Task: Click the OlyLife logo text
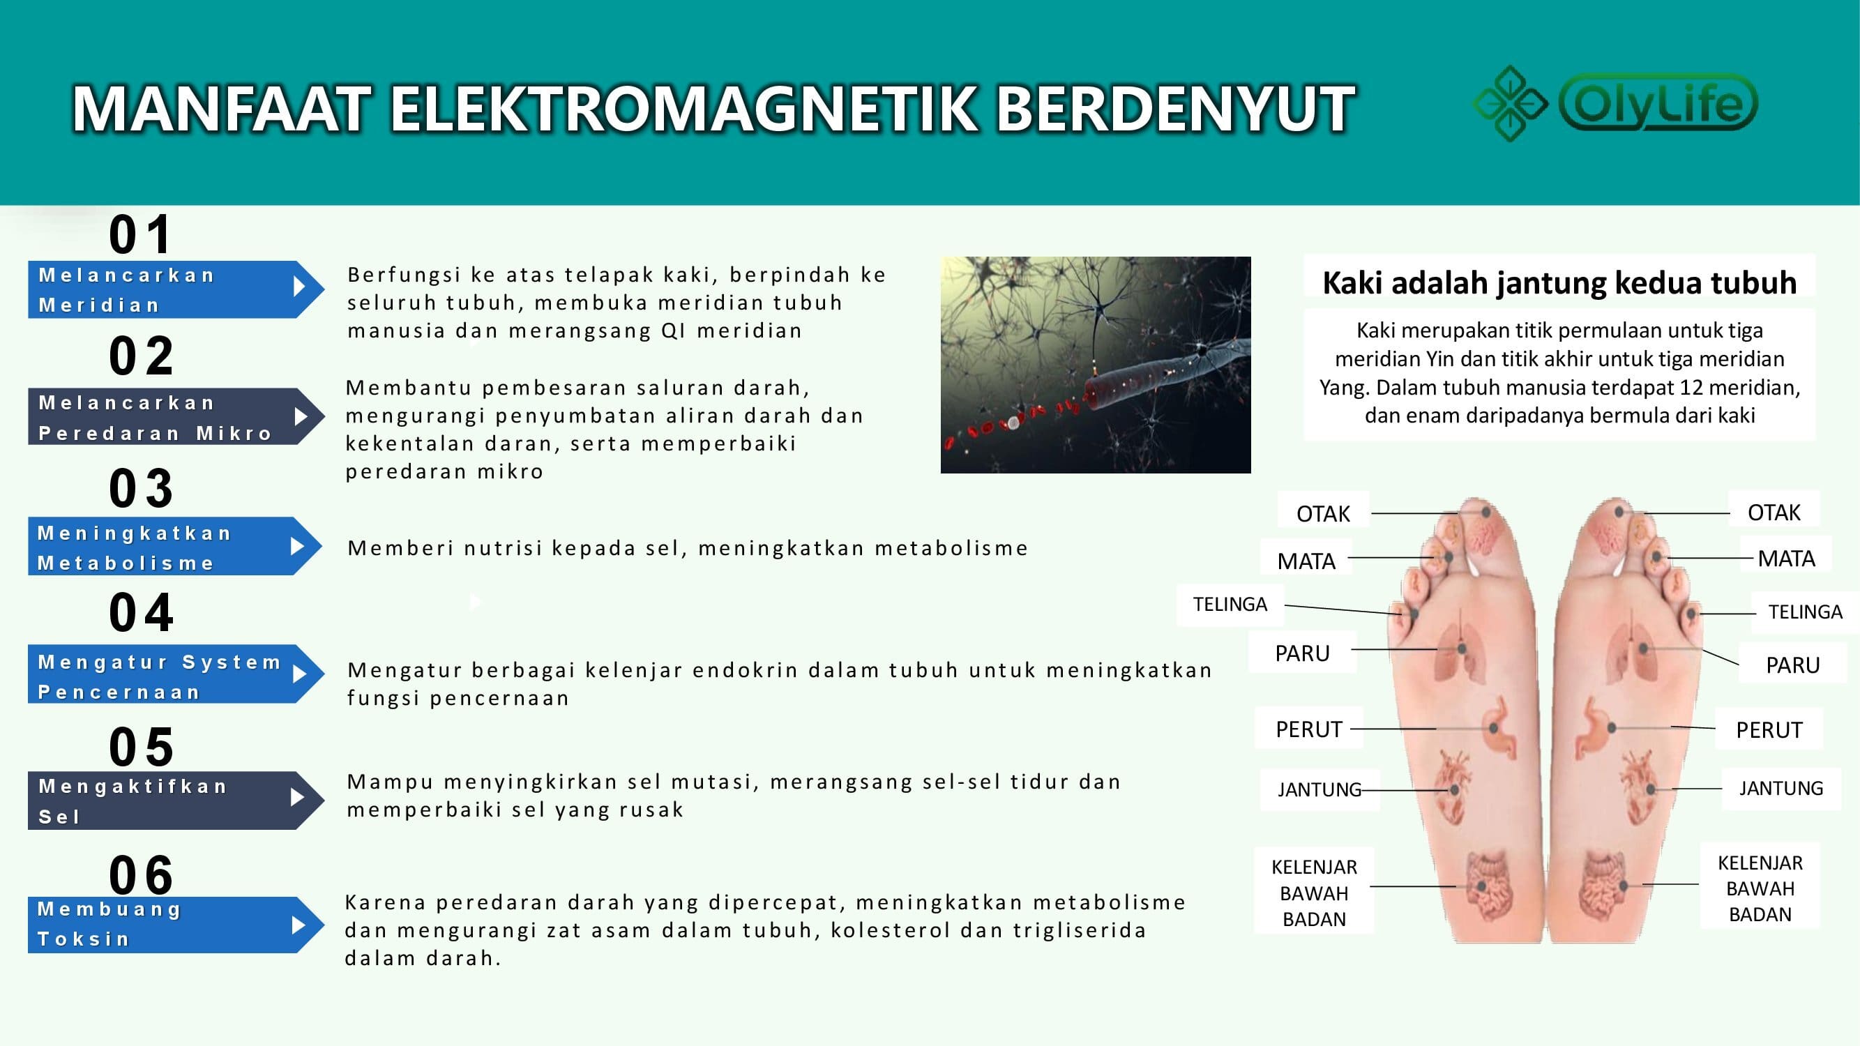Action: point(1658,102)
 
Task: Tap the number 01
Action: point(141,234)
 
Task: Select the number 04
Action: point(141,613)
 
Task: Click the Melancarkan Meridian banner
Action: point(176,289)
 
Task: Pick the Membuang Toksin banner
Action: point(176,925)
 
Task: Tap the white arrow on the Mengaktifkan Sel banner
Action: point(298,797)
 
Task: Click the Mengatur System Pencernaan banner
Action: point(176,674)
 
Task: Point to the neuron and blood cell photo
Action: point(1096,365)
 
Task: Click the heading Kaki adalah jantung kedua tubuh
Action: point(1559,282)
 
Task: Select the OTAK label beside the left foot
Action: point(1323,514)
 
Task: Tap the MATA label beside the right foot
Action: point(1786,559)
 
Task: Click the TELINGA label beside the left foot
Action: point(1230,604)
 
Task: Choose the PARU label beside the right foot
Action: point(1793,665)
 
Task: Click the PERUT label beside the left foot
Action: point(1308,730)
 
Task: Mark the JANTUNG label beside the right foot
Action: point(1780,788)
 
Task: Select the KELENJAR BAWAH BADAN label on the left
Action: point(1314,893)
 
